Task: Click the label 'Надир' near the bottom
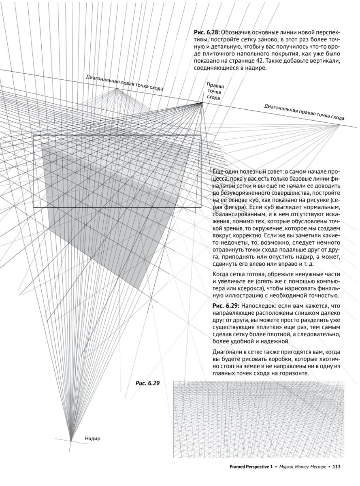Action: point(93,438)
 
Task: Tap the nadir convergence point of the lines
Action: point(70,440)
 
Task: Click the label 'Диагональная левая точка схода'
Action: point(125,84)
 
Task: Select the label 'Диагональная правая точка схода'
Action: point(304,112)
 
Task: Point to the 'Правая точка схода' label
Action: point(215,92)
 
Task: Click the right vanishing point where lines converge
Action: point(202,103)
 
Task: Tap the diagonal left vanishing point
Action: point(117,89)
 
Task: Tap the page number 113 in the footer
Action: point(336,467)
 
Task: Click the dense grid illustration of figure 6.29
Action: point(257,419)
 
